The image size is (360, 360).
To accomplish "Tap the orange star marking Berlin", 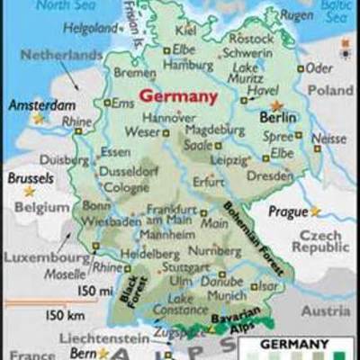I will click(x=276, y=106).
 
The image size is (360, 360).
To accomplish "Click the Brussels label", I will click(x=31, y=177).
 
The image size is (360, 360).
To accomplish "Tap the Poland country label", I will click(x=330, y=91).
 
